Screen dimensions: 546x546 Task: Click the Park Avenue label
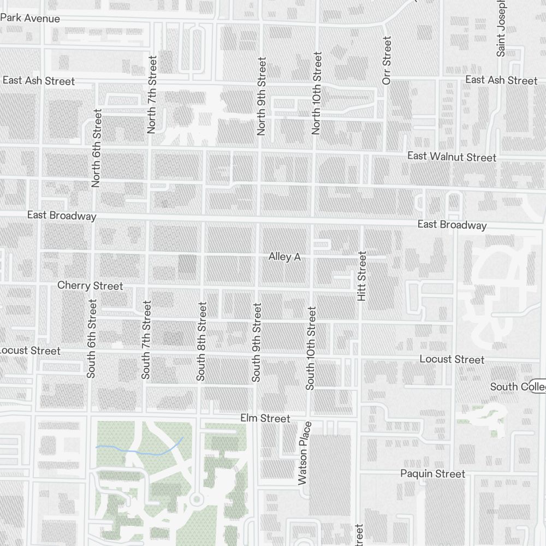30,18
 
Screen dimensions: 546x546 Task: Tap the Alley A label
284,257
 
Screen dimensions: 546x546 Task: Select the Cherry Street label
90,286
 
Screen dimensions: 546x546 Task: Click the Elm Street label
265,418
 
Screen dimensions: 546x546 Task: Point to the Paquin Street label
432,473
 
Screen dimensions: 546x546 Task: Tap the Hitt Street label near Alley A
361,276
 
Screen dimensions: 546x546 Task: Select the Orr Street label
387,60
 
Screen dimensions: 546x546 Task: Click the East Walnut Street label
452,157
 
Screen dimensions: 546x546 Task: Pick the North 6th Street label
97,148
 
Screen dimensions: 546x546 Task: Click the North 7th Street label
152,94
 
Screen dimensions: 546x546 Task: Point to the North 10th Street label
316,93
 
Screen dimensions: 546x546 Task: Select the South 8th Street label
201,341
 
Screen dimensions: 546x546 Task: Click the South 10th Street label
311,348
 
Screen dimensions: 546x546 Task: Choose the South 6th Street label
91,338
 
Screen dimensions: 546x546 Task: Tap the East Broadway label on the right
452,224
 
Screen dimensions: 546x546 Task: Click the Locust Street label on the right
452,359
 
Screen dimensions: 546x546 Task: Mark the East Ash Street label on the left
38,81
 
